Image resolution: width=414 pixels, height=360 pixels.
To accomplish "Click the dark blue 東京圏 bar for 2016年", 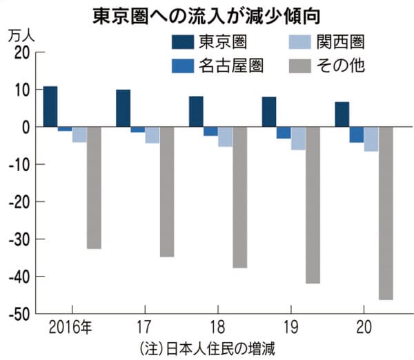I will tap(50, 107).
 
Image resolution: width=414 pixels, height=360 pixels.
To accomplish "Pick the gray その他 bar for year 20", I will tap(386, 213).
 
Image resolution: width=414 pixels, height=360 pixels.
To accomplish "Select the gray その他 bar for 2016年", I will tap(94, 188).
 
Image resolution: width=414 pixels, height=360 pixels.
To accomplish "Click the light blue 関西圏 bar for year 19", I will tap(298, 138).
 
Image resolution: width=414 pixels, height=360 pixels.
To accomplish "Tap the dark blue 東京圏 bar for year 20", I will tap(342, 114).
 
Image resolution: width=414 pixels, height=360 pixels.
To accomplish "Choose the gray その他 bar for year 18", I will tap(240, 197).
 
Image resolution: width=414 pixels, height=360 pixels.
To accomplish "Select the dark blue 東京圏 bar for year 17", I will tap(123, 108).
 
